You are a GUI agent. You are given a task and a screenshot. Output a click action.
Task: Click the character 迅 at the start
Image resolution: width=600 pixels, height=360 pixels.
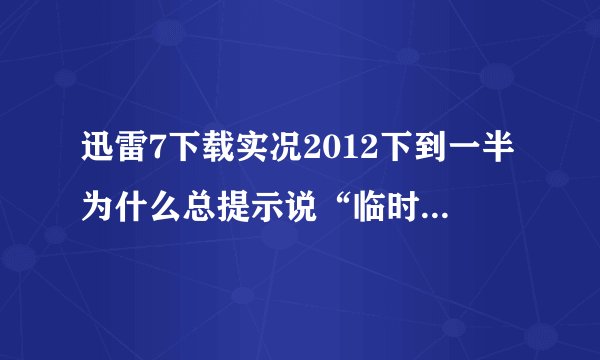click(97, 150)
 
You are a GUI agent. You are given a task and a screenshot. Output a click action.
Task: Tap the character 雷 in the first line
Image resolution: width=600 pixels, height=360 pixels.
click(127, 150)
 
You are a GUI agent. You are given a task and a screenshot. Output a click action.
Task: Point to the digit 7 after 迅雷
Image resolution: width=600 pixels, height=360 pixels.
click(150, 150)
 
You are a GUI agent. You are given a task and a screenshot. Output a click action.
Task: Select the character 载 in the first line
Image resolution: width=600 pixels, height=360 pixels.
click(202, 150)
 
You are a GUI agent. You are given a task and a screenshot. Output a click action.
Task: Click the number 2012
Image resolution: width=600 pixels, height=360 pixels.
click(308, 150)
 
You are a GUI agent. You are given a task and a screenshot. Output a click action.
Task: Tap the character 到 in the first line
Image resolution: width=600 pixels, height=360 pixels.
click(383, 150)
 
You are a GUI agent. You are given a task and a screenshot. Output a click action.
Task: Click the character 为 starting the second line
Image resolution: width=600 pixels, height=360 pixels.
click(97, 186)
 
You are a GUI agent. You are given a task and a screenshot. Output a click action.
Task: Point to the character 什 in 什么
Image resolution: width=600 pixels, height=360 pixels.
click(127, 186)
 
